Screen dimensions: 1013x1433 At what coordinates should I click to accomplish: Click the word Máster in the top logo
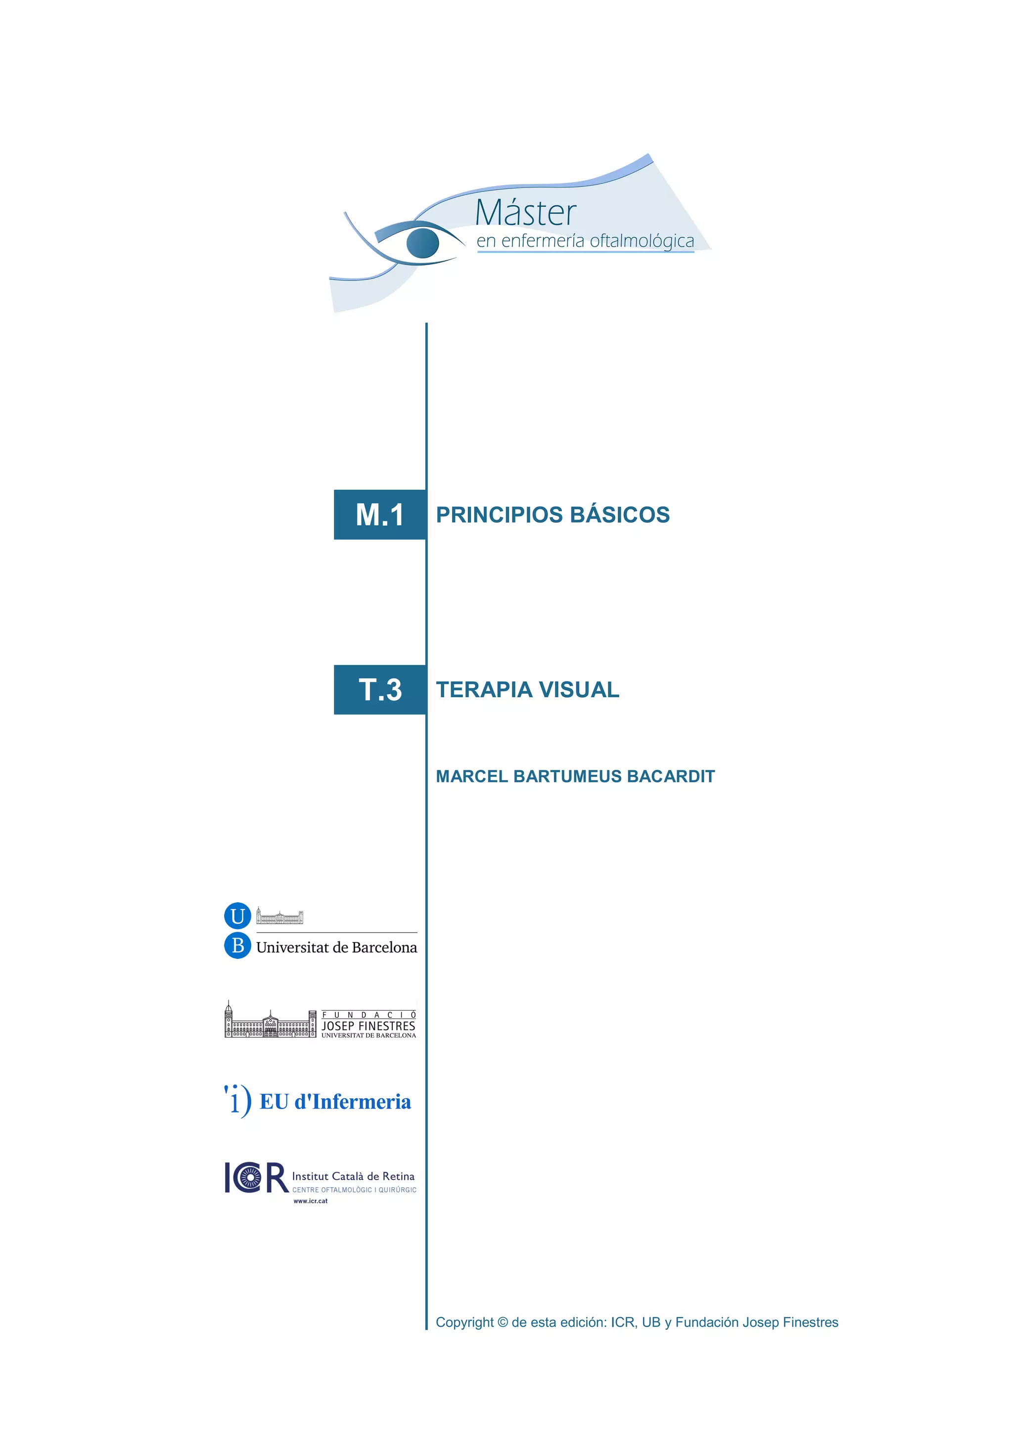click(x=525, y=214)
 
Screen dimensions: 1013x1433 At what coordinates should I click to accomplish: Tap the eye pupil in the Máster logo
click(x=422, y=243)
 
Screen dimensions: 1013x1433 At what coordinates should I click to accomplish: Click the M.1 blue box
click(x=379, y=515)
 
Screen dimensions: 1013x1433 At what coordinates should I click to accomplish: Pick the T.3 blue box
click(x=379, y=690)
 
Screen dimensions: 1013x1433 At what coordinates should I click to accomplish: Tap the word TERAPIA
click(x=484, y=690)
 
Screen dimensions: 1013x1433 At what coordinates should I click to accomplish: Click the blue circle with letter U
click(x=237, y=916)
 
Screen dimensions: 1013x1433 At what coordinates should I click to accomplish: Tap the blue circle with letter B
click(x=237, y=945)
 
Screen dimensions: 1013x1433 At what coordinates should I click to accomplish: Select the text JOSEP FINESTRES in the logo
click(x=368, y=1026)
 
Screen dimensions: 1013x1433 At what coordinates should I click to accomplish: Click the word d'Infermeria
click(x=353, y=1102)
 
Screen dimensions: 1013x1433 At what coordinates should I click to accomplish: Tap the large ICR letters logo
click(x=255, y=1178)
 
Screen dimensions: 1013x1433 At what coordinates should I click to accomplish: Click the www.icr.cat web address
click(x=310, y=1201)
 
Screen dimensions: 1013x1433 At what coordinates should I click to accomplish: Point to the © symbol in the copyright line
click(x=503, y=1323)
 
